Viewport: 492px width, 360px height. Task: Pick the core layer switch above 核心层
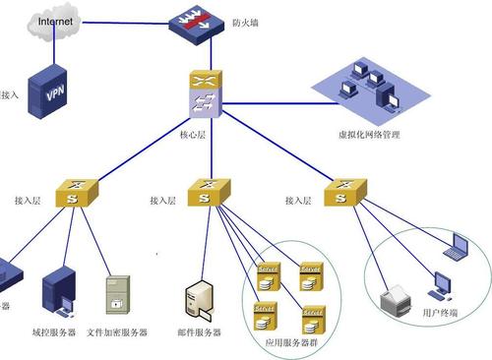[x=203, y=95]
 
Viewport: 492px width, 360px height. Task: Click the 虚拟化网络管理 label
[x=368, y=135]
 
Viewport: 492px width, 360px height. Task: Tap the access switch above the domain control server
[x=74, y=192]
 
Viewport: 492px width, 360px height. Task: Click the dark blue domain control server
[x=58, y=291]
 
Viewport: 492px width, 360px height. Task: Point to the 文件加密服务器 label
[x=117, y=333]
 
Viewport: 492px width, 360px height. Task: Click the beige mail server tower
[x=201, y=300]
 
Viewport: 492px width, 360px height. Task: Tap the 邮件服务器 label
[x=201, y=333]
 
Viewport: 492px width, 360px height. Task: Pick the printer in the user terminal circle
[x=395, y=295]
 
